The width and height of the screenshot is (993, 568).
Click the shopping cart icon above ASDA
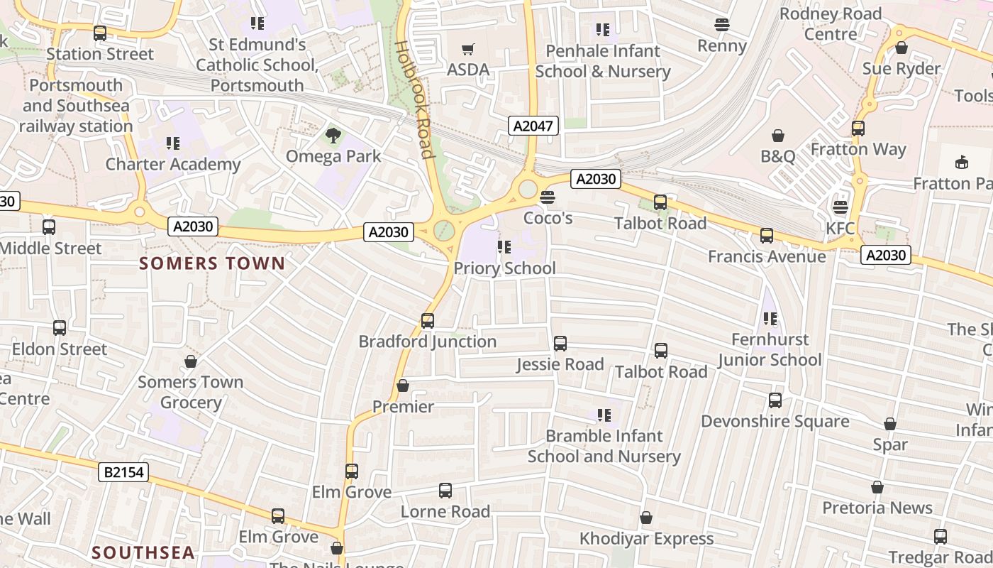(467, 49)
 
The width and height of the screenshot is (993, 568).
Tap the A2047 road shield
(533, 126)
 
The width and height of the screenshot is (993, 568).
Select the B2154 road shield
(123, 472)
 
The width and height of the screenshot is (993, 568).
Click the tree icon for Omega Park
(333, 135)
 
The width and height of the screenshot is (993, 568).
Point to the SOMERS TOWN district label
(212, 263)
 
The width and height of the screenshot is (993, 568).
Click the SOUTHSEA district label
(143, 552)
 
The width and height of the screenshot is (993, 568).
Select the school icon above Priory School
(504, 247)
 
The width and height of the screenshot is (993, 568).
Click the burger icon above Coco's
(547, 197)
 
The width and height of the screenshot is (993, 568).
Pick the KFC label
(841, 229)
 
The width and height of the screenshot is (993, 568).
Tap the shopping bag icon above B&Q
(778, 135)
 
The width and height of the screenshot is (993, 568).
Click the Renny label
(722, 46)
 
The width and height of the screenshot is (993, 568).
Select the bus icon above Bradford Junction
(427, 320)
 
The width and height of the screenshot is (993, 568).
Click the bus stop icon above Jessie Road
(560, 344)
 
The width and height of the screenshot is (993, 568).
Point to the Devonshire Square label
(775, 421)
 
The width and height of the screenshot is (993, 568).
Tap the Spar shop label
(890, 444)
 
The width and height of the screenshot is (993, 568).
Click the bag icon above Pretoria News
(877, 487)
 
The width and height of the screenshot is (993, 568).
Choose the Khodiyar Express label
(646, 539)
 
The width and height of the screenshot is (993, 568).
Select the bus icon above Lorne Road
(445, 490)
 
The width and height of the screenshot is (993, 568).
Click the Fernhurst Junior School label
(770, 349)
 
